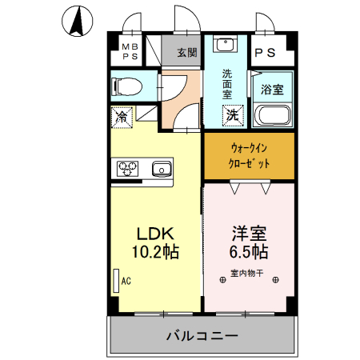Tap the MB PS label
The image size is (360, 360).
click(x=130, y=53)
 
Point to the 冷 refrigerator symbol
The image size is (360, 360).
click(x=122, y=117)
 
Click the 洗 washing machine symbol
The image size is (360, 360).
click(x=231, y=114)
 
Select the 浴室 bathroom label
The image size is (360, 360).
click(x=272, y=88)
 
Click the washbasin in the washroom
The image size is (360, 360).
click(x=225, y=45)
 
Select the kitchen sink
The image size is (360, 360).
click(x=162, y=168)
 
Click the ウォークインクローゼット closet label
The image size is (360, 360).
click(x=250, y=155)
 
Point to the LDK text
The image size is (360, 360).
click(x=155, y=234)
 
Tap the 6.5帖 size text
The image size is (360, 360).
click(x=249, y=251)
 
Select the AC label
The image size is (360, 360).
click(x=126, y=281)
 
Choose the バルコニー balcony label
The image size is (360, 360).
click(x=202, y=336)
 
